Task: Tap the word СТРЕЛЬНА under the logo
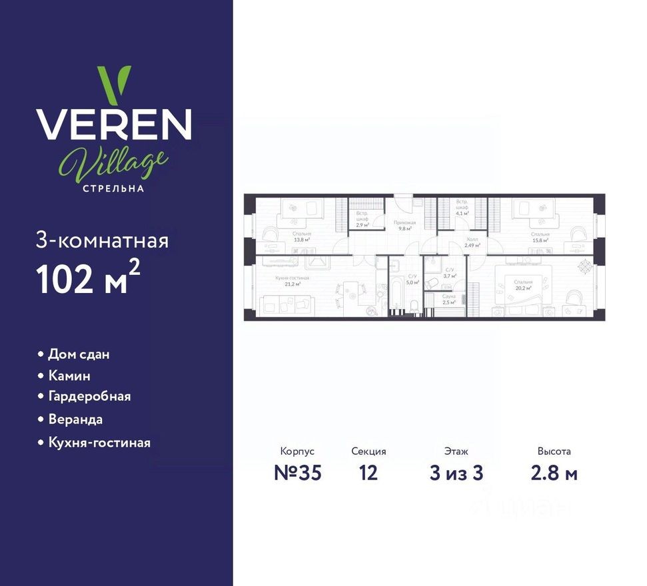pos(113,188)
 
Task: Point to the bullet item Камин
pos(69,376)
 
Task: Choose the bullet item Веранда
pos(75,420)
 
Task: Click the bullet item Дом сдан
pos(79,354)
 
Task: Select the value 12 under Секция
pos(368,473)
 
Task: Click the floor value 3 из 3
pos(456,473)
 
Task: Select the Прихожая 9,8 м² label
pos(405,225)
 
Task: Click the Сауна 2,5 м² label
pos(449,298)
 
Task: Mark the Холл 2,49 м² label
pos(472,242)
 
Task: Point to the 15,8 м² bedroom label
pos(540,237)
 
